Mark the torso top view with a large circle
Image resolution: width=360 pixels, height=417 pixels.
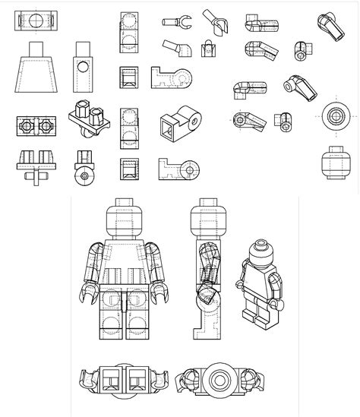pos(36,20)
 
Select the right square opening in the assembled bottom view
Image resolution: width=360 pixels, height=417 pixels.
pos(136,378)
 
